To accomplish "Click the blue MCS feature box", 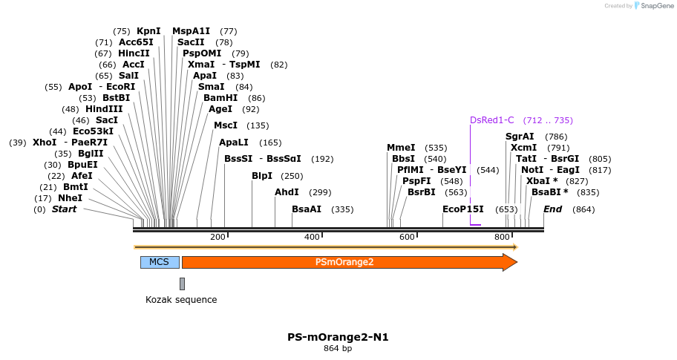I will pyautogui.click(x=160, y=262).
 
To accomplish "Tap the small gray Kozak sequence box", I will pyautogui.click(x=182, y=284).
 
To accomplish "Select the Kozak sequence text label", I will pyautogui.click(x=181, y=300).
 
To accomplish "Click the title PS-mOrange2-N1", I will pyautogui.click(x=338, y=337).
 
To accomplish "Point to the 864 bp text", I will pyautogui.click(x=338, y=349).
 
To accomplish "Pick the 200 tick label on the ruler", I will pyautogui.click(x=218, y=237).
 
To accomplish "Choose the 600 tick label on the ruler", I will pyautogui.click(x=407, y=237).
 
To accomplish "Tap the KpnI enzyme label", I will pyautogui.click(x=148, y=31).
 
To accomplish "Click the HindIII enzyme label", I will pyautogui.click(x=104, y=109).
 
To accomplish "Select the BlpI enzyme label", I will pyautogui.click(x=262, y=176).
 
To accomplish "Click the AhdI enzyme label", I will pyautogui.click(x=287, y=192).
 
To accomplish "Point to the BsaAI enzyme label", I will pyautogui.click(x=307, y=209).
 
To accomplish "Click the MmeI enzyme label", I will pyautogui.click(x=401, y=148).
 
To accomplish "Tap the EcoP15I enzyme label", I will pyautogui.click(x=462, y=209).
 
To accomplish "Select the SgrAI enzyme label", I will pyautogui.click(x=520, y=137).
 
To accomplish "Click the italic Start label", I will pyautogui.click(x=64, y=209).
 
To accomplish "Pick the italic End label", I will pyautogui.click(x=552, y=209).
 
